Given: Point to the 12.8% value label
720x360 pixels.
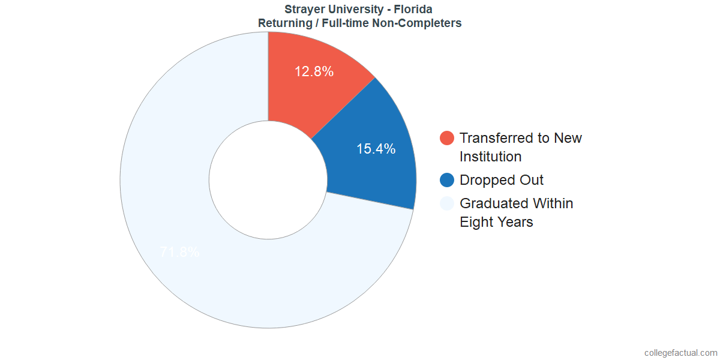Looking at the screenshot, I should coord(314,71).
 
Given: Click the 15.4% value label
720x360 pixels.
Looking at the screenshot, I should coord(376,149).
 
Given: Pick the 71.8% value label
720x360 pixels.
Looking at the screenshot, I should coord(180,252).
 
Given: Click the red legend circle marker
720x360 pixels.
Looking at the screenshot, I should coord(447,138).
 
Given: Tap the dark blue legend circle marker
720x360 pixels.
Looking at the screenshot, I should coord(447,180).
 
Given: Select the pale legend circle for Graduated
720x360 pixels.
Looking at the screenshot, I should coord(447,203).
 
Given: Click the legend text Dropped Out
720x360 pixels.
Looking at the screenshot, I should coord(502,180).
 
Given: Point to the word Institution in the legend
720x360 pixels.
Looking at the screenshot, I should coord(490,157).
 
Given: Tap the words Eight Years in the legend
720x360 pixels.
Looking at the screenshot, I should coord(496,222).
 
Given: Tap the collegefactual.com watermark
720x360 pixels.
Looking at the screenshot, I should coord(680,353).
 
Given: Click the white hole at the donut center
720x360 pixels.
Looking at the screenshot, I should coord(268,180).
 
